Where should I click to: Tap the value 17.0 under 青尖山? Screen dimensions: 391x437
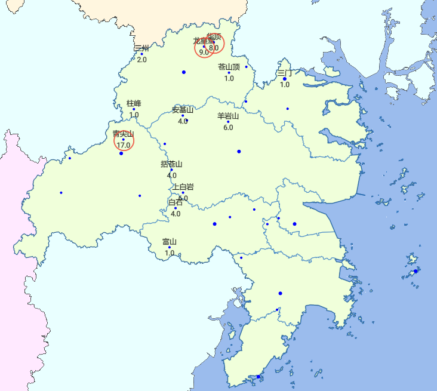coord(124,145)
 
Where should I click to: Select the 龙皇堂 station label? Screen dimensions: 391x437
coord(202,41)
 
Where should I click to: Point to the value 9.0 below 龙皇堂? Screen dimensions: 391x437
coord(204,52)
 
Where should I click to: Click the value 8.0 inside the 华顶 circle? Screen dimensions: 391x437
coord(214,48)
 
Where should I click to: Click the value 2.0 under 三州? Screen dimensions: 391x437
coord(141,60)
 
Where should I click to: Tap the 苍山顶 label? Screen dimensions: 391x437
coord(229,67)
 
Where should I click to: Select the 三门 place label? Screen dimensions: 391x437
coord(285,73)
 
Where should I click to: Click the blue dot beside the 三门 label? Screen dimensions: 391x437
coord(285,79)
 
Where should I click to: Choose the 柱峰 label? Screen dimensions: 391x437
coord(134,103)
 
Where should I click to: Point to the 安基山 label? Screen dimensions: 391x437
coord(183,110)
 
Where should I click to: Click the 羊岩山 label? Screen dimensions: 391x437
coord(228,116)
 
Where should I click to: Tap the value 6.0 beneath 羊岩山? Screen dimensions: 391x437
coord(228,128)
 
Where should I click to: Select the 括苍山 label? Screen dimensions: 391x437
coord(171,164)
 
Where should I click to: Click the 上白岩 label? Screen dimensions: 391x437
coord(183,187)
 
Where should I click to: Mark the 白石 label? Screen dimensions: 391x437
coord(176,202)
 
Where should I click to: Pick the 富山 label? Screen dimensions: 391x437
coord(169,242)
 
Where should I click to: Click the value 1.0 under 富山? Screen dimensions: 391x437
coord(170,253)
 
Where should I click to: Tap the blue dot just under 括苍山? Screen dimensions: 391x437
coord(171,170)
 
